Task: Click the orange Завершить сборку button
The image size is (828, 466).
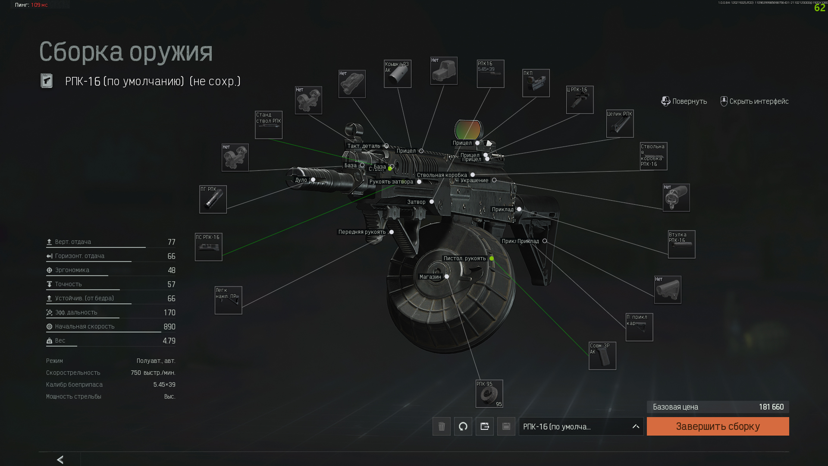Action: (x=718, y=426)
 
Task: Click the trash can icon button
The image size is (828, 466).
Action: (x=442, y=426)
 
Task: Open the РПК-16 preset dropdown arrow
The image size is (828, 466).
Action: (x=636, y=426)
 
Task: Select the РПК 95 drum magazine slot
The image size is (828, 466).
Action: (x=489, y=394)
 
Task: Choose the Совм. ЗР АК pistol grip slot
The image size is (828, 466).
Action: (x=602, y=356)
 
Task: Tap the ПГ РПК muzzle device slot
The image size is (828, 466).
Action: (x=213, y=199)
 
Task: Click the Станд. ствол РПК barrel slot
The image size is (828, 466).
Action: (x=269, y=125)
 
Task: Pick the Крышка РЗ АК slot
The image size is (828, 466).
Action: (x=397, y=74)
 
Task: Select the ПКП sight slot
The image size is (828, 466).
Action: (x=536, y=83)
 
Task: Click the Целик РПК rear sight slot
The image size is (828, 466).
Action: (x=620, y=123)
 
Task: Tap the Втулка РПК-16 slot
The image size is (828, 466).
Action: (x=681, y=244)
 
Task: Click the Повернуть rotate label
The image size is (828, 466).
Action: (x=689, y=101)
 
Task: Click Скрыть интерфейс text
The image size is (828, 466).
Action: (x=759, y=101)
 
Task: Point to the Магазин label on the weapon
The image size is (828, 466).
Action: (x=430, y=277)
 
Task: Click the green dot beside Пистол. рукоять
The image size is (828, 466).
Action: (x=492, y=258)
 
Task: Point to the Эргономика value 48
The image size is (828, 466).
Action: (x=171, y=271)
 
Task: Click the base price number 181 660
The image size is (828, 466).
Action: (x=771, y=407)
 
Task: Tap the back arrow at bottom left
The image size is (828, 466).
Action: (x=60, y=460)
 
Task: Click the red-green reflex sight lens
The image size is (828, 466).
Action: (x=468, y=129)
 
